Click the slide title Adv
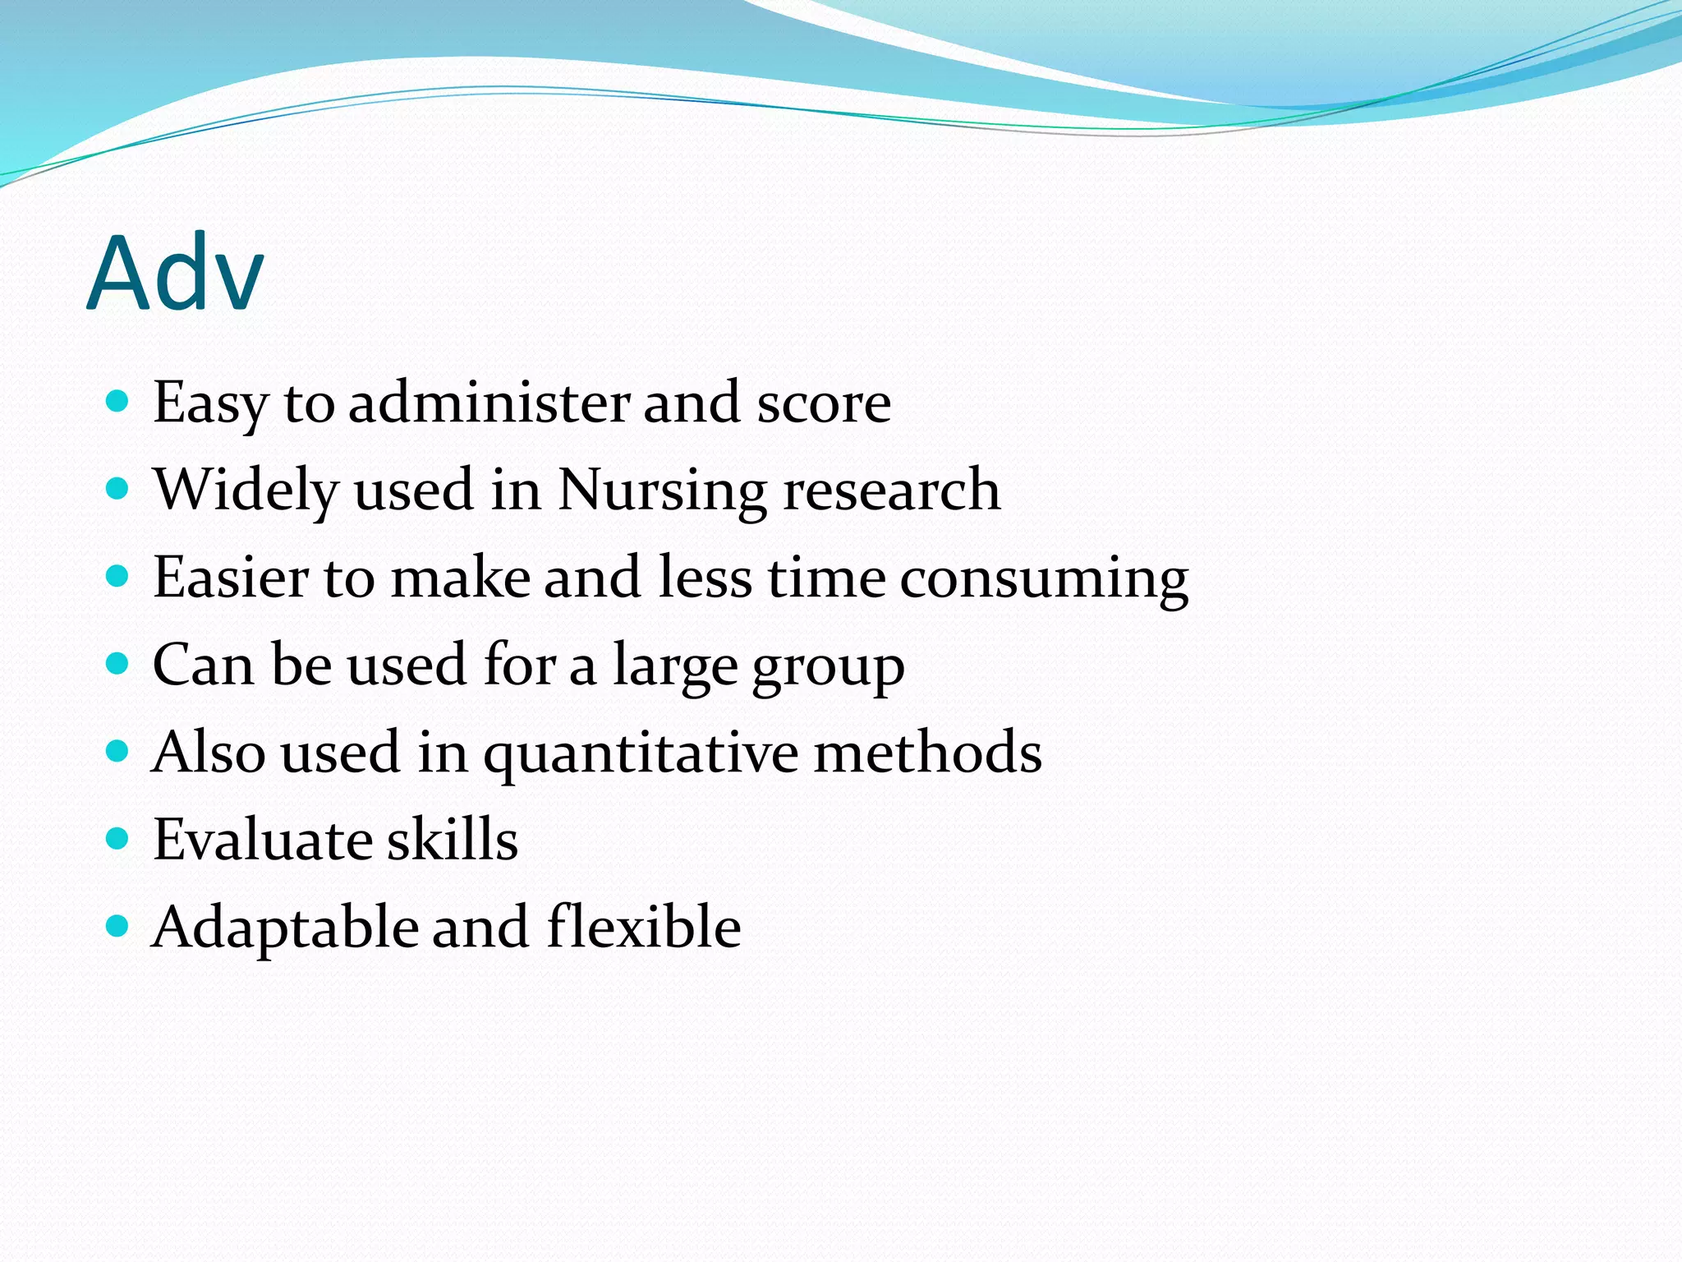(175, 273)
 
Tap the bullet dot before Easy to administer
(118, 401)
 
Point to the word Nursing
(662, 491)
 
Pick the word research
(892, 491)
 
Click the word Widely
(246, 491)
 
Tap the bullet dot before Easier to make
(118, 576)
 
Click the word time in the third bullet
(826, 577)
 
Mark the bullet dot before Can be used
(118, 663)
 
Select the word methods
(927, 752)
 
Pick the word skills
(453, 840)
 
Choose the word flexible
(644, 927)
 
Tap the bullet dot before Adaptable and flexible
(118, 926)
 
